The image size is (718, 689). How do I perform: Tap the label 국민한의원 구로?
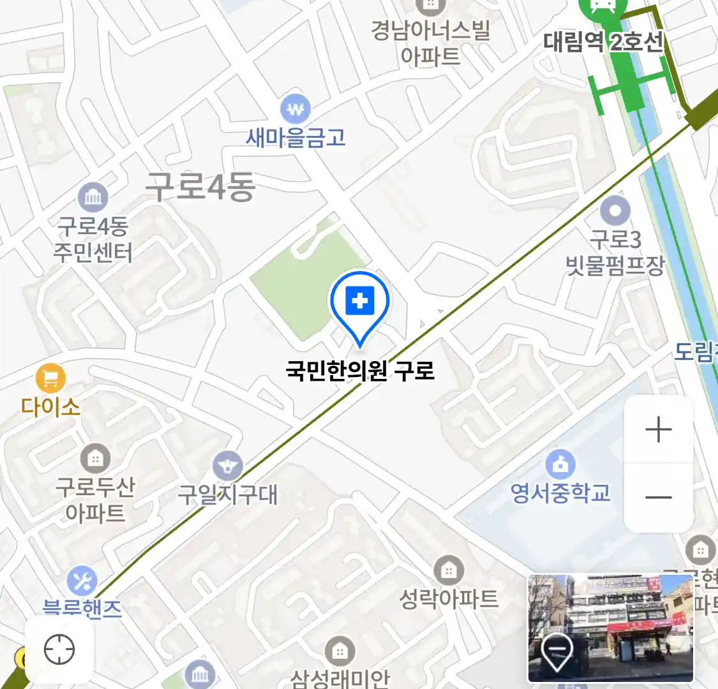tap(360, 370)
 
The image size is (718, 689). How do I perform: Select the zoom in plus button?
tap(658, 429)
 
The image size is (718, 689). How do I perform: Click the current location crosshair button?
tap(59, 649)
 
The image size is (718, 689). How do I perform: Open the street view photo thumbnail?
tap(610, 627)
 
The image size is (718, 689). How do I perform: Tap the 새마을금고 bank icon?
tap(295, 110)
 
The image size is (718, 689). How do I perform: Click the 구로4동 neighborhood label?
tap(200, 186)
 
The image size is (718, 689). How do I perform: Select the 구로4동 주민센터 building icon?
tap(93, 197)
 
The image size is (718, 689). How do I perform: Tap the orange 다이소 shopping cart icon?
tap(50, 378)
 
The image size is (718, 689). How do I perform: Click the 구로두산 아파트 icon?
tap(95, 457)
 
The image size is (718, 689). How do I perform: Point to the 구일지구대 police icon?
tap(228, 466)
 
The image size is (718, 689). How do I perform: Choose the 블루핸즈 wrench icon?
tap(82, 581)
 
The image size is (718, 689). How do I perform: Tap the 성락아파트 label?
tap(448, 598)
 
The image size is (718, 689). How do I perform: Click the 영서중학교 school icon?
tap(560, 464)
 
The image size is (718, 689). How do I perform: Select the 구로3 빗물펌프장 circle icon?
tap(615, 210)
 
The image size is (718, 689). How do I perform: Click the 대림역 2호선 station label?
tap(603, 42)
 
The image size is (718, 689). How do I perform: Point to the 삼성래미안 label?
tap(340, 678)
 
